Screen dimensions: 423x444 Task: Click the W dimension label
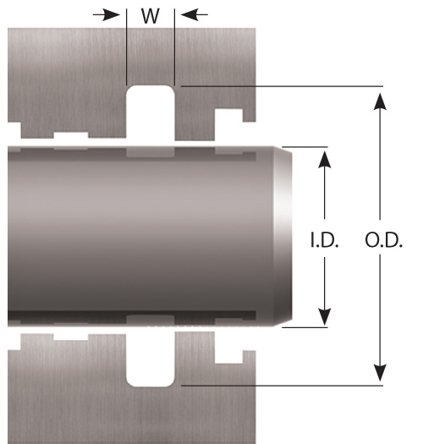point(150,16)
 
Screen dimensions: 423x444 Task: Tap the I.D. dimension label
point(324,240)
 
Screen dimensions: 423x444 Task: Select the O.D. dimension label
point(383,240)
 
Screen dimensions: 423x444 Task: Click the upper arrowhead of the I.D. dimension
point(324,160)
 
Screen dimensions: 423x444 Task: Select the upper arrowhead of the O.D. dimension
point(380,101)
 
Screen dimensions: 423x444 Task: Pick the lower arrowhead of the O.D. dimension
point(380,373)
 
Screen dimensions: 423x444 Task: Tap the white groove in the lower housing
point(150,359)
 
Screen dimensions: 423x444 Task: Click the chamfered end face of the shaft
point(283,237)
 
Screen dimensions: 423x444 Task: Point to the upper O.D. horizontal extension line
point(282,85)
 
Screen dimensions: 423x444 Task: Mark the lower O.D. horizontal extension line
point(282,386)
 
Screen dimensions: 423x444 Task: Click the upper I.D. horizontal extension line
point(305,147)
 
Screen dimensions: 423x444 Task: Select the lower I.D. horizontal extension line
point(305,327)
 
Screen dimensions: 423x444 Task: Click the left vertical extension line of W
point(126,47)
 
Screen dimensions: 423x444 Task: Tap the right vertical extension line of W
point(174,47)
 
